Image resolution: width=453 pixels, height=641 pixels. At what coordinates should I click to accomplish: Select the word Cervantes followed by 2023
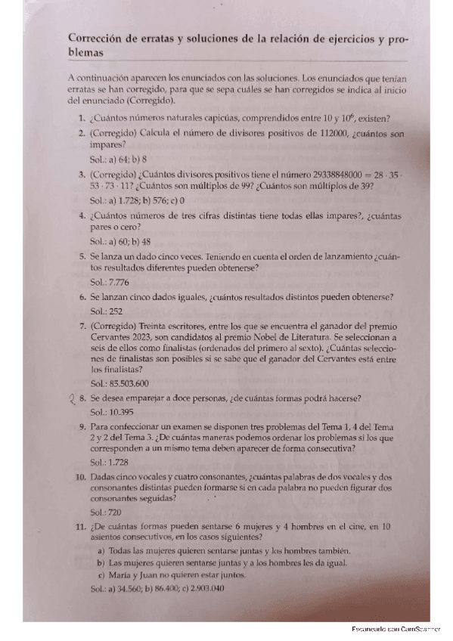click(111, 336)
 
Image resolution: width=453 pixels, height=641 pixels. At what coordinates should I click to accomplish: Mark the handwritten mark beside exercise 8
click(73, 399)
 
